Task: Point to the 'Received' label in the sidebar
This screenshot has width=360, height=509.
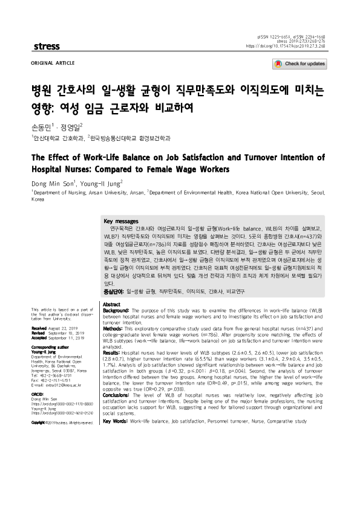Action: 40,327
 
